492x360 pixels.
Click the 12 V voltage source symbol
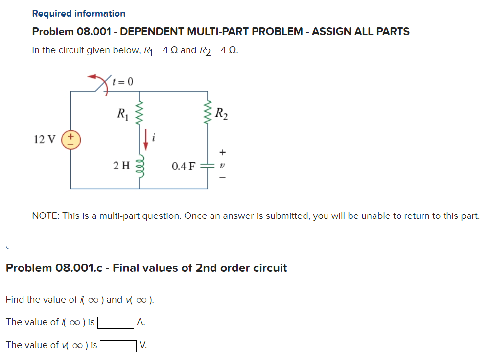click(x=70, y=139)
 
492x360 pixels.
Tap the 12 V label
click(x=45, y=139)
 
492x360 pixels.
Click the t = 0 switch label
click(x=122, y=81)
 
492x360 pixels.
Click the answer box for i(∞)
click(x=116, y=322)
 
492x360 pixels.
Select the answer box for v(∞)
click(x=118, y=345)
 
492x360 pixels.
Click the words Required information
click(x=79, y=14)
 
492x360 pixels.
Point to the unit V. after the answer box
click(x=142, y=345)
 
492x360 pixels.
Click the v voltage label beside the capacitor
click(x=222, y=166)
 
